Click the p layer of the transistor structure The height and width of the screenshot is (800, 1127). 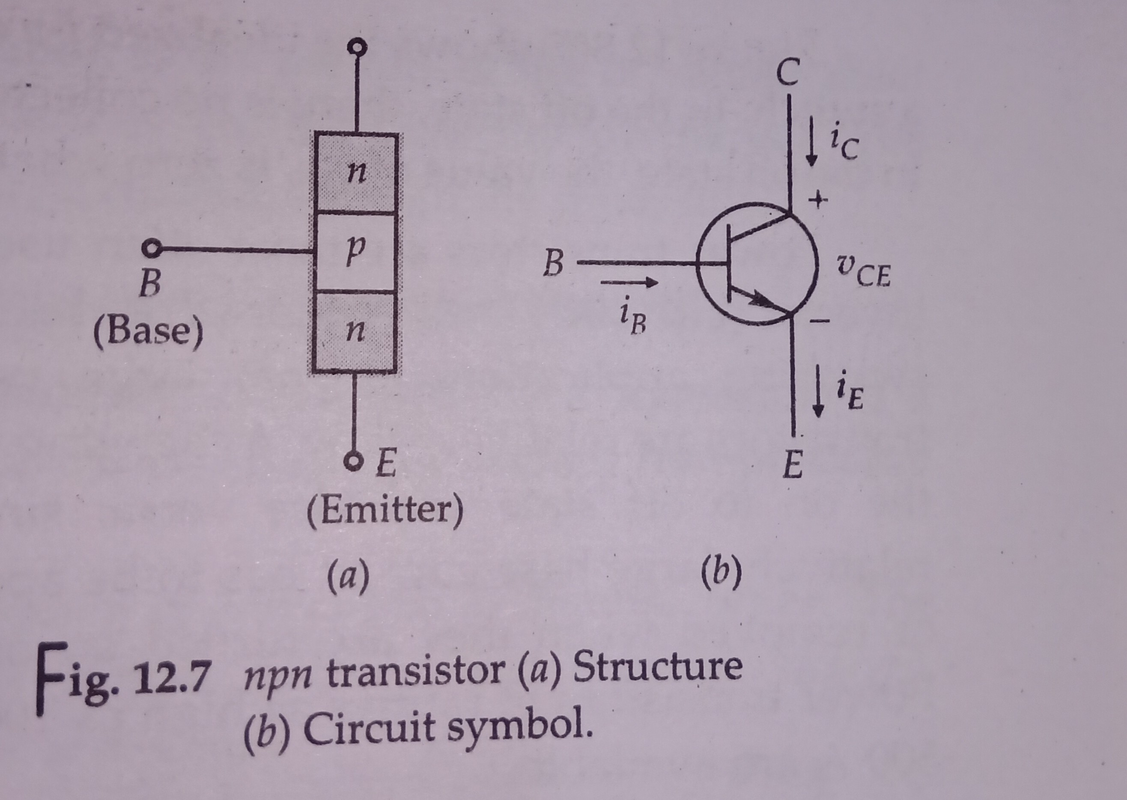pos(355,252)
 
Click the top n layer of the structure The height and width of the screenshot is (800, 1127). pos(355,172)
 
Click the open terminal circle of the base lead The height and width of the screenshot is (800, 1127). pos(150,249)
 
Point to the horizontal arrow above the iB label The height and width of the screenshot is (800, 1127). pos(629,283)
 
